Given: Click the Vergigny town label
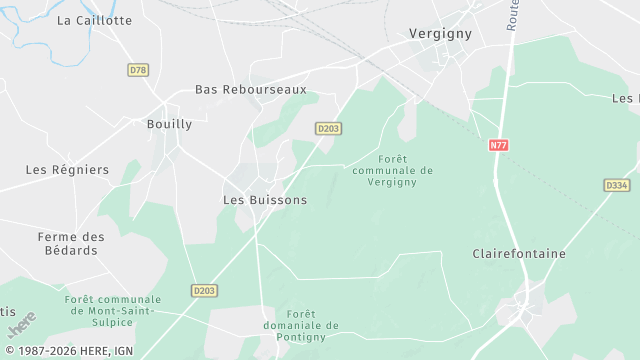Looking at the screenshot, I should pos(440,33).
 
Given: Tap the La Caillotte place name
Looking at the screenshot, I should pos(94,20).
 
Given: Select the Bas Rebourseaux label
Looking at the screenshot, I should pos(250,90).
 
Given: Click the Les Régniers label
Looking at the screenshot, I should pos(67,170).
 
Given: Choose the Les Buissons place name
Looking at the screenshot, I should pos(264,200).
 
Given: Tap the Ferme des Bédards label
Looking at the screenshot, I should pos(70,243).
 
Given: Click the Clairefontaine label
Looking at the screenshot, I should pos(518,254).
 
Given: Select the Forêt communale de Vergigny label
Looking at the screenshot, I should pos(392,170).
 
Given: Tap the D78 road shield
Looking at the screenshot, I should pos(138,70).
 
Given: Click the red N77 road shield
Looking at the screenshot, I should pos(499,145).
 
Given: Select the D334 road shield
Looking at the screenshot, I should pos(617,185).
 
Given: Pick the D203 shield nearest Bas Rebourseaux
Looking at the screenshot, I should pos(328,128).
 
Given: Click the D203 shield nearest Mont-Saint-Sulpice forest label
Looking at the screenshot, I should pos(203,290).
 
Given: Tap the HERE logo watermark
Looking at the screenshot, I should pos(21,325).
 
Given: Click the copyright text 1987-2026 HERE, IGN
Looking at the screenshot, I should pos(67,352).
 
